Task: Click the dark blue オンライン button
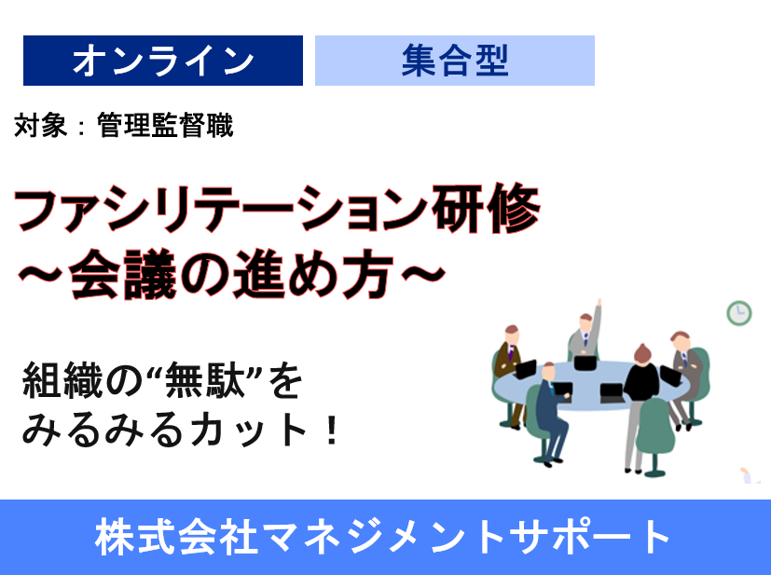[163, 61]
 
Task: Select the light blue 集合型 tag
[454, 61]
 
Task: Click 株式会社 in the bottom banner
[163, 537]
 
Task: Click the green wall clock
[739, 312]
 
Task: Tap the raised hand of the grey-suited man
[599, 305]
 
